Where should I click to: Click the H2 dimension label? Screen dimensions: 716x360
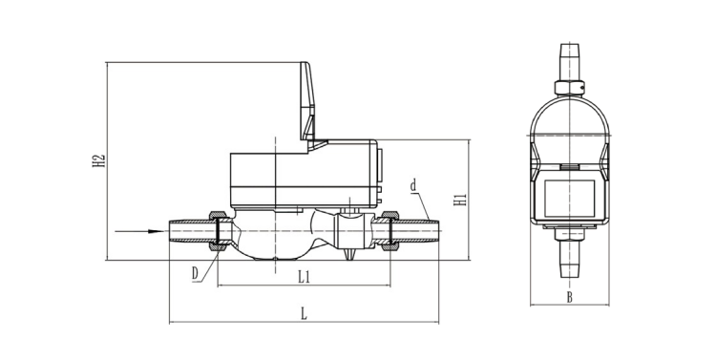coord(99,160)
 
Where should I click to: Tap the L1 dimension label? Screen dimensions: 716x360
coord(305,276)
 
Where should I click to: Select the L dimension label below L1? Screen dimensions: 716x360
coord(304,313)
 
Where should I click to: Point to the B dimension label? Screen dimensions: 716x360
coord(569,297)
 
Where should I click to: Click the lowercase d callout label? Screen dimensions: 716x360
coord(413,186)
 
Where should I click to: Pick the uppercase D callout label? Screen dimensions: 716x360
coord(196,273)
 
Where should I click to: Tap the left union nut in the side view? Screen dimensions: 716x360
coord(219,231)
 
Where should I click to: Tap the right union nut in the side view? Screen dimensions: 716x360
coord(390,231)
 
